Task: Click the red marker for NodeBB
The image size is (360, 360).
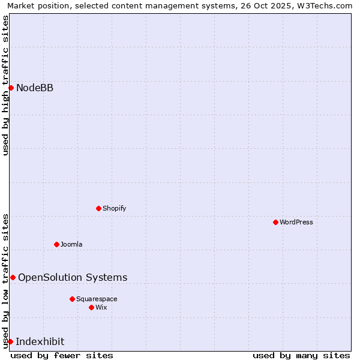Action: point(11,88)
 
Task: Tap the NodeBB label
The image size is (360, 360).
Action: point(35,88)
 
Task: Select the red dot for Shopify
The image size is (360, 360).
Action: point(98,208)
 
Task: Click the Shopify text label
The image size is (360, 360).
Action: point(114,208)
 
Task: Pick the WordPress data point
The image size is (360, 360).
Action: point(275,222)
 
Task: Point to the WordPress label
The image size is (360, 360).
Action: point(296,222)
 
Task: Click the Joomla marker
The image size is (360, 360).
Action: point(56,244)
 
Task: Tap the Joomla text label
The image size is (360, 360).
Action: point(71,244)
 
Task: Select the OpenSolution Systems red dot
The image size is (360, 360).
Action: point(13,277)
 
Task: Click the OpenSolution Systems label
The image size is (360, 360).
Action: point(73,277)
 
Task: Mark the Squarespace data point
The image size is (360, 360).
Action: point(72,299)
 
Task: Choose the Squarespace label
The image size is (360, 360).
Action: point(97,299)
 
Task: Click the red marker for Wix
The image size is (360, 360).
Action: point(91,307)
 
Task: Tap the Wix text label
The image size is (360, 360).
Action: point(101,307)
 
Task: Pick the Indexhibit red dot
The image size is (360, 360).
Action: point(10,341)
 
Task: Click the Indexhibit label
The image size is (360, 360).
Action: point(40,342)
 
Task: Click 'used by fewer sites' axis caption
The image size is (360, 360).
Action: point(62,355)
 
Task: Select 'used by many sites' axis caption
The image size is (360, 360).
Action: point(301,355)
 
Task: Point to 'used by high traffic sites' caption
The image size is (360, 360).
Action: point(5,85)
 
